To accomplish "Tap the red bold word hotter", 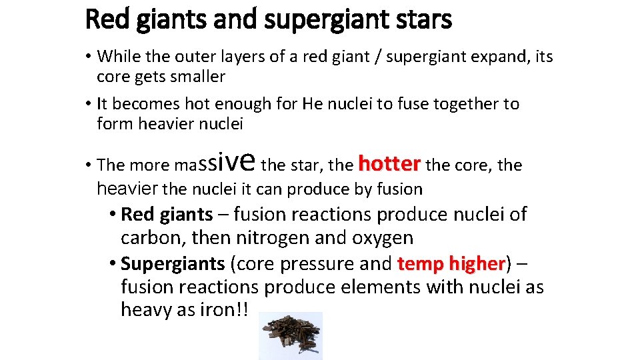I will tap(389, 163).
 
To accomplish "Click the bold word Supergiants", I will tap(173, 264).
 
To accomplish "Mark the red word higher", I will tap(473, 264).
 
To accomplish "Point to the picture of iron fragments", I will tap(291, 335).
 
